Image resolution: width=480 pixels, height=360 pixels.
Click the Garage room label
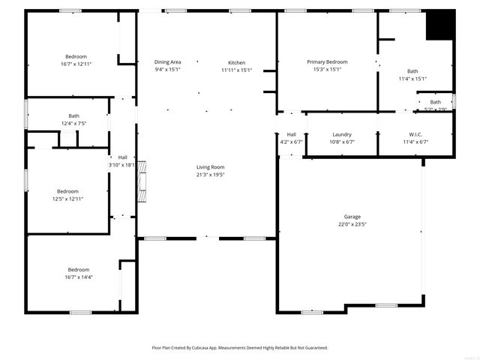[352, 215]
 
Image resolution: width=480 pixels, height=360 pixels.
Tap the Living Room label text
[210, 167]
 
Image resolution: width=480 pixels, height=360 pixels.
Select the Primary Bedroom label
[326, 61]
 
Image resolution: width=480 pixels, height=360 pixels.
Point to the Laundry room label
[341, 134]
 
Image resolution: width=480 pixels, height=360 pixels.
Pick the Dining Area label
[168, 62]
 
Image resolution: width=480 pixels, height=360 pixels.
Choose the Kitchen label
[236, 62]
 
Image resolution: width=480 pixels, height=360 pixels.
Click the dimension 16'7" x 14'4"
[78, 277]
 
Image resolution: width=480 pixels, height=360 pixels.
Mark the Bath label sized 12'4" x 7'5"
[73, 115]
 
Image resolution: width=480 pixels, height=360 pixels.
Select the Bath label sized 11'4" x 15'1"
[412, 71]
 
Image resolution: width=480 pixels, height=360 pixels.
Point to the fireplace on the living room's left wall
[141, 181]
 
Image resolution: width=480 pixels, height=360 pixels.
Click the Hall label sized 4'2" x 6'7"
[291, 134]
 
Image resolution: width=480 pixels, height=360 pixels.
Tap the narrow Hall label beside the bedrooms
[121, 157]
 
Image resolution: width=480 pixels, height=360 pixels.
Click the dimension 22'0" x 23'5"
[352, 223]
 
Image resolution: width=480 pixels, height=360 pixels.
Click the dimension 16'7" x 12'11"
[76, 64]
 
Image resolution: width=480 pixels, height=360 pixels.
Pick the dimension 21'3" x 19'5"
[210, 175]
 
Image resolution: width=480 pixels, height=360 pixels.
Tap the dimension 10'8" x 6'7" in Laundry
[341, 142]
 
